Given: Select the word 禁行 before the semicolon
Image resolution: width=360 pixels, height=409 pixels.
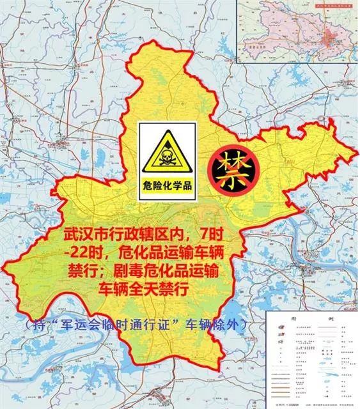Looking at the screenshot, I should tap(82, 272).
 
